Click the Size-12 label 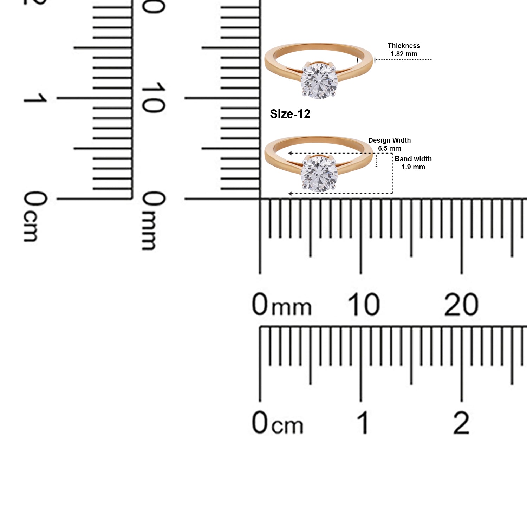point(290,114)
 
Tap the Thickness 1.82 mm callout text point(404,50)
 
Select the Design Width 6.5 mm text point(389,144)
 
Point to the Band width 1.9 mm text point(413,163)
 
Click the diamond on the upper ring point(319,80)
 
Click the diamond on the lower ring point(319,174)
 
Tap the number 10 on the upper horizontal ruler point(364,304)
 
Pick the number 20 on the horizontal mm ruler point(461,304)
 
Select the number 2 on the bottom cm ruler point(461,423)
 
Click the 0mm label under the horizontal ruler point(281,304)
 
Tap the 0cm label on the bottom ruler point(277,423)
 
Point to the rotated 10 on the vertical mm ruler point(153,98)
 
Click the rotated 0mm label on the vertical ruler point(153,220)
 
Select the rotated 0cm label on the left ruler point(35,216)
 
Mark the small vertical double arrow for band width point(377,161)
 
